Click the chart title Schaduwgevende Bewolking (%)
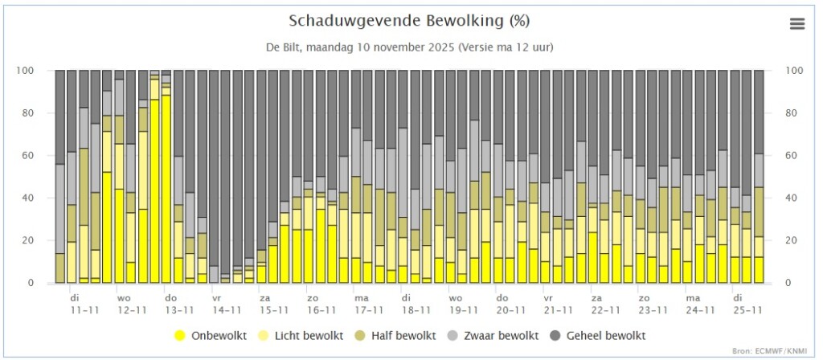point(409,21)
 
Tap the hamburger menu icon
point(796,23)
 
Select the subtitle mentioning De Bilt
point(409,47)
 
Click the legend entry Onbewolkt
point(211,336)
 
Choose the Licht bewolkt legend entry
point(302,336)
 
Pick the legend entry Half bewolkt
point(396,336)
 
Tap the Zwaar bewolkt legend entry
point(494,336)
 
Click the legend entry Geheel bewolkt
point(598,336)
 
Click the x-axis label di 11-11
point(85,304)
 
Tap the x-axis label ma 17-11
point(369,304)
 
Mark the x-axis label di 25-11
point(747,304)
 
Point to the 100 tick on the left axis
point(40,71)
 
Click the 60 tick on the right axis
point(791,155)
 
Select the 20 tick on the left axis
point(43,240)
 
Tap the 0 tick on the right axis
point(788,283)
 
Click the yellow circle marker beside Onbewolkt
point(181,336)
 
